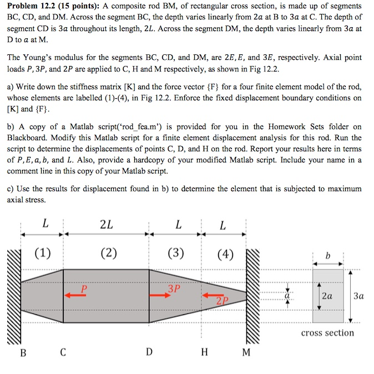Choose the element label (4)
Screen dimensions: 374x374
click(x=225, y=254)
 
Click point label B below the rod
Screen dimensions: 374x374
click(x=23, y=352)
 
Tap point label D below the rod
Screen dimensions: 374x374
click(x=149, y=352)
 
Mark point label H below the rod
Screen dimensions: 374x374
click(x=204, y=352)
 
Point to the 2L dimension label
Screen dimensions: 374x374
click(x=107, y=225)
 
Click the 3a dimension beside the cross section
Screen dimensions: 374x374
click(x=358, y=296)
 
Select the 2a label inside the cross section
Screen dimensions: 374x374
click(x=327, y=296)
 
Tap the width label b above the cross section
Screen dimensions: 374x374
click(x=327, y=256)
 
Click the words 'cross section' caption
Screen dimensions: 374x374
click(x=327, y=332)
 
